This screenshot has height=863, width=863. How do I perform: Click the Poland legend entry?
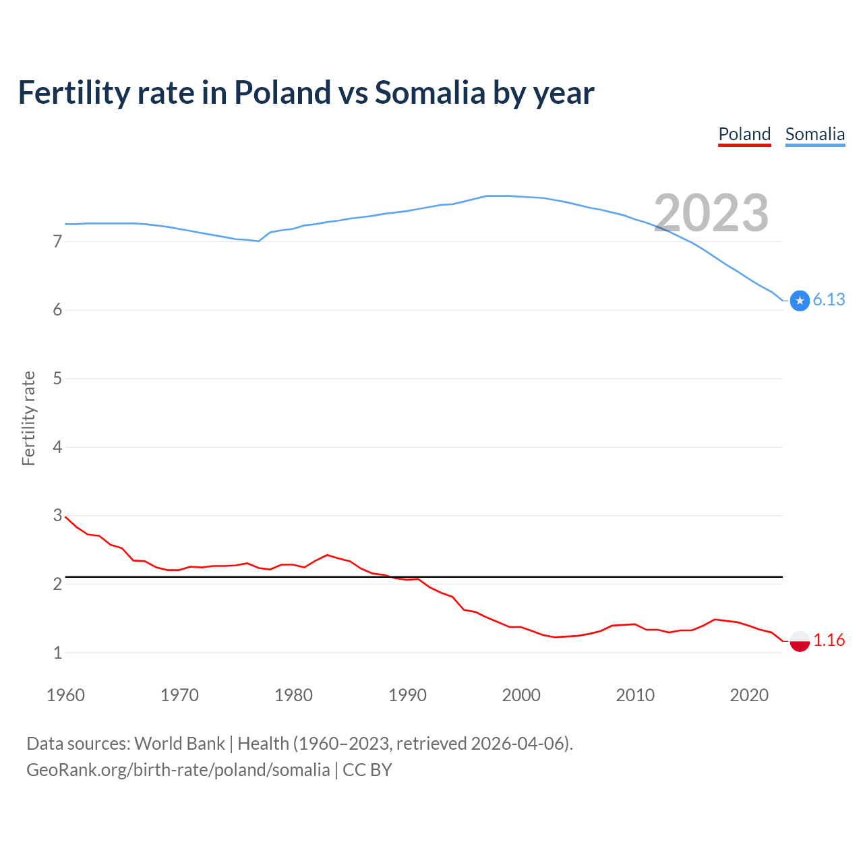pos(744,134)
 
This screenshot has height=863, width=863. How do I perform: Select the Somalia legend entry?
pos(814,134)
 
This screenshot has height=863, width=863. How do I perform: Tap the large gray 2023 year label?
pos(711,213)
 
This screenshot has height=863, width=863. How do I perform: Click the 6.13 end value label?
pos(829,300)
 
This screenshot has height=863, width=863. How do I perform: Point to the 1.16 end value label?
pos(829,641)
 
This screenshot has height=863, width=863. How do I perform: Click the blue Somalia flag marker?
pos(800,301)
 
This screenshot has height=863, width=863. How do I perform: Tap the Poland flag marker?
pos(800,641)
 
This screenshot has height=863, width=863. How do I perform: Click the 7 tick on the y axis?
pos(57,241)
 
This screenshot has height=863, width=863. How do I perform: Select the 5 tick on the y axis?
pos(57,379)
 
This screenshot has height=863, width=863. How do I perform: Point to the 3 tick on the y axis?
pos(57,516)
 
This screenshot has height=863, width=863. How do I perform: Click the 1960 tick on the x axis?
pos(65,695)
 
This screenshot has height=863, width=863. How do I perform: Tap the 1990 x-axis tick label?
pos(407,695)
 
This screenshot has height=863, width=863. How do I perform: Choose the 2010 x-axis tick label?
pos(635,695)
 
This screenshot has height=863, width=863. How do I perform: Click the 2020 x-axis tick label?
pos(749,695)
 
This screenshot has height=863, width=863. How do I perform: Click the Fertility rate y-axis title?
pos(28,418)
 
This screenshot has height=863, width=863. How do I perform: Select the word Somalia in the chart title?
pos(429,92)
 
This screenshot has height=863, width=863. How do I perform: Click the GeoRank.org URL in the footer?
pos(178,770)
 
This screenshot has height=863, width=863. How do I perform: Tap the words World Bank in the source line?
pos(179,744)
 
